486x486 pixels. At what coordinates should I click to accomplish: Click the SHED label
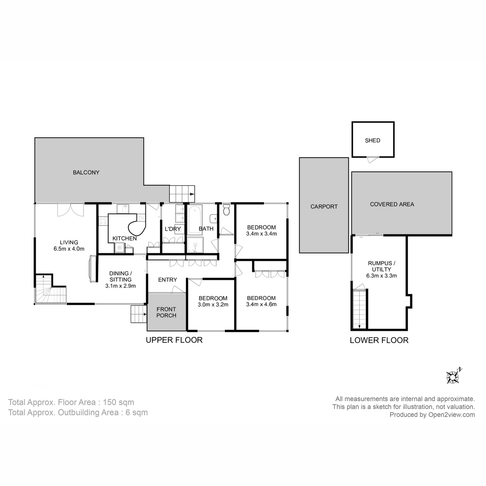[x=373, y=141]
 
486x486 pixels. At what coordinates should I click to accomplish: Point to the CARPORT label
[x=324, y=207]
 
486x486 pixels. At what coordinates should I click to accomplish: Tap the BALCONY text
[x=86, y=173]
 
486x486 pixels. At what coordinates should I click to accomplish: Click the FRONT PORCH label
[x=166, y=312]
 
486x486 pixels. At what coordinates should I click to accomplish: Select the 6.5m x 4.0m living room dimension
[x=69, y=249]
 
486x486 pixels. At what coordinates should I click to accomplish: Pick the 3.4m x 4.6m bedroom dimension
[x=261, y=304]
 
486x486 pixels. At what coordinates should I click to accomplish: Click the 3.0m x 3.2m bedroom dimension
[x=213, y=305]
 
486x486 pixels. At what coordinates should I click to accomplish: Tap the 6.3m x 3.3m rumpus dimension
[x=382, y=276]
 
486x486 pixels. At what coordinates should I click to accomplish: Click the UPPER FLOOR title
[x=174, y=340]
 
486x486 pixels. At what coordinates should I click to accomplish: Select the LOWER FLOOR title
[x=379, y=341]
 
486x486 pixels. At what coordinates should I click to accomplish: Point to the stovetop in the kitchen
[x=103, y=221]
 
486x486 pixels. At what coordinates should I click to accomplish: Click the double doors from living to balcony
[x=70, y=209]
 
